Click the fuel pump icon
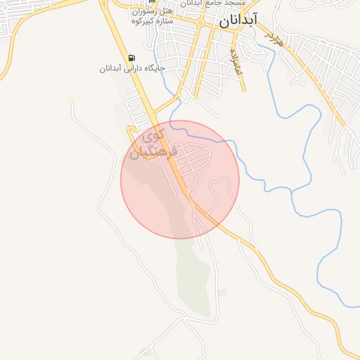[x=132, y=58]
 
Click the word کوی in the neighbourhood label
[x=154, y=133]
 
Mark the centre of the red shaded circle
[x=180, y=179]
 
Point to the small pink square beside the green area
[x=222, y=292]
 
